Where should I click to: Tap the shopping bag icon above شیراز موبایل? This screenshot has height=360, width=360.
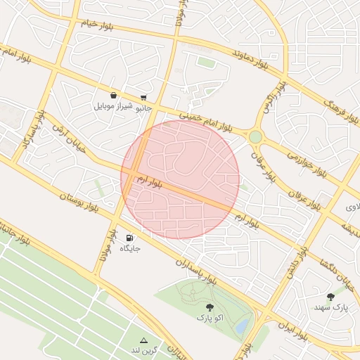pyautogui.click(x=113, y=95)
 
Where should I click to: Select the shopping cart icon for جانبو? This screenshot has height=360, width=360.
pyautogui.click(x=144, y=98)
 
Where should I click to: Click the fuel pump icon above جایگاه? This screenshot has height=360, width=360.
pyautogui.click(x=130, y=238)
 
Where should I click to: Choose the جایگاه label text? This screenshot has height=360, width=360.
pyautogui.click(x=130, y=248)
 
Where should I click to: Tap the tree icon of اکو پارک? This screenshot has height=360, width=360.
pyautogui.click(x=209, y=307)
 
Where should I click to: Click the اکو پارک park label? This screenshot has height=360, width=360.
pyautogui.click(x=209, y=318)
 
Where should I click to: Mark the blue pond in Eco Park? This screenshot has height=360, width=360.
pyautogui.click(x=242, y=326)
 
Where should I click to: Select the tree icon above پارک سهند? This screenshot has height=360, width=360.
pyautogui.click(x=330, y=297)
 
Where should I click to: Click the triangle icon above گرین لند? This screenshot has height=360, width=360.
pyautogui.click(x=144, y=340)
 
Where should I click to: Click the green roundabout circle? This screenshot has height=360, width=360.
pyautogui.click(x=255, y=136)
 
